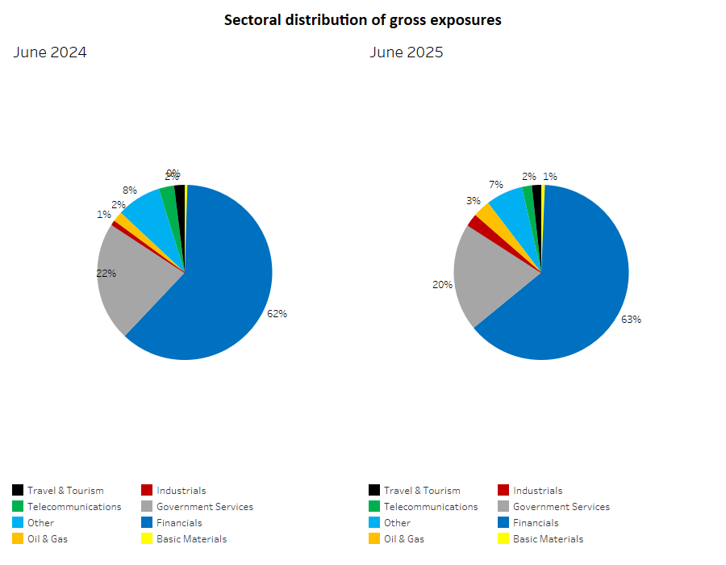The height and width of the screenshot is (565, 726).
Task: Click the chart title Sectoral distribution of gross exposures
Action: pyautogui.click(x=362, y=20)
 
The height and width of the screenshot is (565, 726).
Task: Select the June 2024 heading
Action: pyautogui.click(x=50, y=53)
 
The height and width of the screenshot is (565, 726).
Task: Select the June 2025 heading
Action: pyautogui.click(x=407, y=53)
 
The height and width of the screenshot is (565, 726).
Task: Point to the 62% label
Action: pyautogui.click(x=277, y=314)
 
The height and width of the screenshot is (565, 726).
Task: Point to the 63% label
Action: pyautogui.click(x=631, y=320)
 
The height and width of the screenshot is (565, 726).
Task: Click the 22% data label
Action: pyautogui.click(x=106, y=274)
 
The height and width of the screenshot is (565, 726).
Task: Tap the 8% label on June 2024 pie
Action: pyautogui.click(x=130, y=190)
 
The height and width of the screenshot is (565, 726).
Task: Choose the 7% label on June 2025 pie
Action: pyautogui.click(x=496, y=185)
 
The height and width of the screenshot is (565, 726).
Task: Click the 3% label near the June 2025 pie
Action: pyautogui.click(x=474, y=201)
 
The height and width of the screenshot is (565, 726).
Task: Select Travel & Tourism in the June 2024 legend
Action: pyautogui.click(x=65, y=491)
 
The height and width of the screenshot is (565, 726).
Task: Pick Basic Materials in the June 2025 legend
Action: pyautogui.click(x=548, y=539)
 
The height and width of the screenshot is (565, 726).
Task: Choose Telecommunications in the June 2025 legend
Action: pyautogui.click(x=431, y=507)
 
